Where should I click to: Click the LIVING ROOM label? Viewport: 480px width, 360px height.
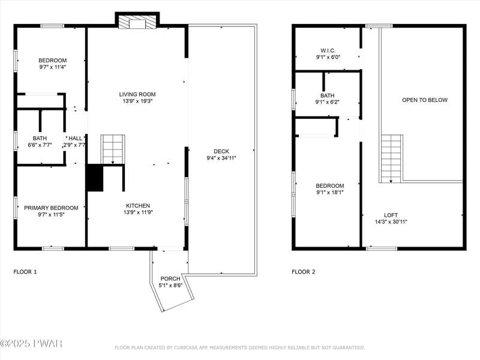click(137, 94)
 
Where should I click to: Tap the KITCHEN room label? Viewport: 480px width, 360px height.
click(138, 206)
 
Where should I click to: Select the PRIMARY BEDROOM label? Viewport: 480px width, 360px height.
click(51, 208)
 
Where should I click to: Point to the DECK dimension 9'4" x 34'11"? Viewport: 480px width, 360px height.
click(221, 158)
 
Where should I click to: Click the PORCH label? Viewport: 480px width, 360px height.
click(170, 278)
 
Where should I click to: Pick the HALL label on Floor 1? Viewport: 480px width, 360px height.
click(76, 139)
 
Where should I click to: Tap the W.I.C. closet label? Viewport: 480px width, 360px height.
click(328, 50)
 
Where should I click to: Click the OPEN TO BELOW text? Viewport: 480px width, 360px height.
click(425, 100)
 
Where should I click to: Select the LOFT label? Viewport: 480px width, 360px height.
click(391, 215)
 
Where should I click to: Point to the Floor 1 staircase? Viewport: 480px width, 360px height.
click(113, 149)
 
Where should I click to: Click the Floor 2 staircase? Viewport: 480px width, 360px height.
click(391, 158)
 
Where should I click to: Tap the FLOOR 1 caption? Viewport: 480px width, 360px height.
click(25, 272)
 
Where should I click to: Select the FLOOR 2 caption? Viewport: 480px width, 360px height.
click(304, 272)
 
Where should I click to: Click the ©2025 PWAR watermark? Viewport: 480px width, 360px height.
click(31, 343)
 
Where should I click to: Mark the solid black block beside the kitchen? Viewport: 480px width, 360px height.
click(95, 178)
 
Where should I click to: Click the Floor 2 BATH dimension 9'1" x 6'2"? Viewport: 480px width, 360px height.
click(328, 102)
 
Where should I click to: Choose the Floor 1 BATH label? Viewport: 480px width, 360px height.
click(40, 139)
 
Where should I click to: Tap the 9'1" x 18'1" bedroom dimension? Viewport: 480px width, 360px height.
click(329, 193)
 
